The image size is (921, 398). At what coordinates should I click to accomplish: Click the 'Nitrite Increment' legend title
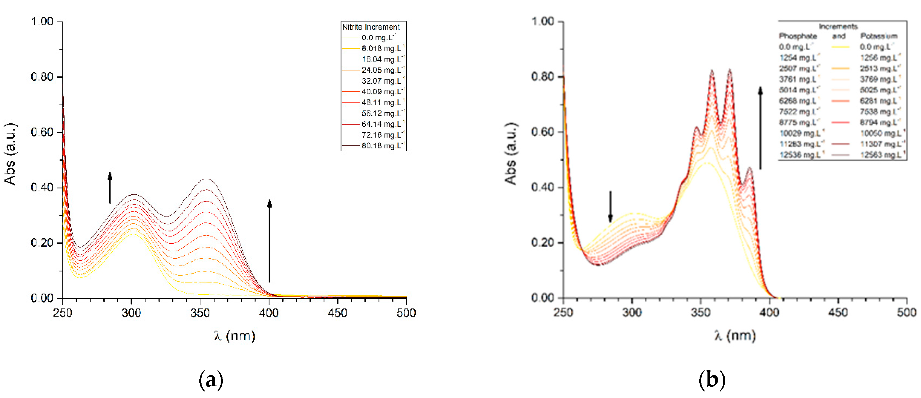coord(371,27)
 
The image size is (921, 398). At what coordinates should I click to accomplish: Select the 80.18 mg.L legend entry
coord(382,146)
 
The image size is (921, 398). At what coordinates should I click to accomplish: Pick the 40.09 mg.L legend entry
coord(382,92)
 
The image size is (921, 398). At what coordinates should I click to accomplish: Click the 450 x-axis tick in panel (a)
coord(337,313)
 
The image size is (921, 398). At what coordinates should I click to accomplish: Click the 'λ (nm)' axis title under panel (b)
coord(735,336)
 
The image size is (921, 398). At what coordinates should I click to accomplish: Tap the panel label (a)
coord(211,380)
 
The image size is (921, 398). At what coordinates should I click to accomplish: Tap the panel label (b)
coord(712,380)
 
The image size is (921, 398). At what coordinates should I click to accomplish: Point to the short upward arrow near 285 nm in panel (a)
coord(110,188)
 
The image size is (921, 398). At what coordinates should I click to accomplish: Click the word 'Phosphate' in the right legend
coord(798,36)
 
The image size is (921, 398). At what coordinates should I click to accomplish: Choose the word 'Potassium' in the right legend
coord(879,36)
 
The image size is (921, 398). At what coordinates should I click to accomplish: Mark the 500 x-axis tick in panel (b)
coord(906,313)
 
